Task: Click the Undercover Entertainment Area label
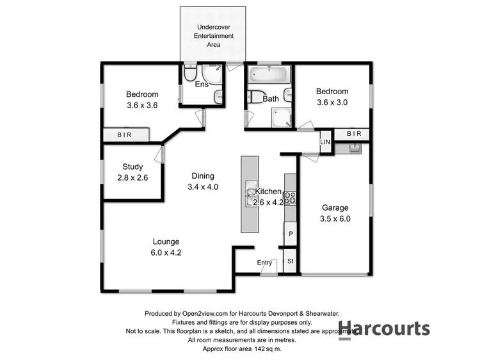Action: point(212,36)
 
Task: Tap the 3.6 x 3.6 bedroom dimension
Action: point(142,106)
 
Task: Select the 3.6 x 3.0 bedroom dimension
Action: point(332,102)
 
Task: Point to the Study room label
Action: point(132,167)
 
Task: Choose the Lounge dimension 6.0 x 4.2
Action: point(166,252)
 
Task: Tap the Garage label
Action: point(335,208)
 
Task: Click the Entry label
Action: point(264,263)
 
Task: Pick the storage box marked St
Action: point(291,261)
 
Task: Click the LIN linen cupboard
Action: point(325,142)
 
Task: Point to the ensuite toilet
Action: point(189,74)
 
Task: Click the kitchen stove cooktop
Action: point(291,198)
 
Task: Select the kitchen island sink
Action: point(250,195)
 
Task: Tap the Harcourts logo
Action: point(384,329)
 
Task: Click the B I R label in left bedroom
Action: point(125,135)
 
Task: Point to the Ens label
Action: point(202,85)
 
